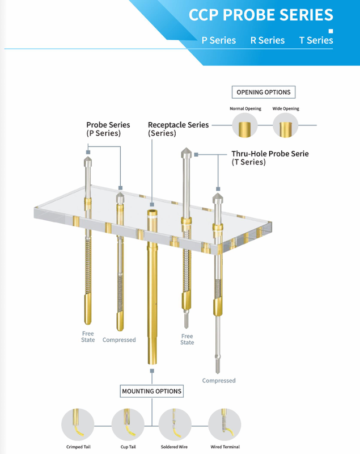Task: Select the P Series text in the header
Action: (218, 40)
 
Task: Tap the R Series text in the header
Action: (267, 40)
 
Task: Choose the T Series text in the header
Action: (316, 40)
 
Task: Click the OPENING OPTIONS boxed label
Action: (263, 92)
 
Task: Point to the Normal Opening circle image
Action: (244, 125)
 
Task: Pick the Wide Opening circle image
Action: (285, 125)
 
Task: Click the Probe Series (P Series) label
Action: (108, 129)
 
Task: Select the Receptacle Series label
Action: (178, 129)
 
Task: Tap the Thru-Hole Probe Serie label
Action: (270, 157)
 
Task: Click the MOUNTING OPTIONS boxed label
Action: (151, 391)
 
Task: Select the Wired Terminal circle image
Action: (225, 423)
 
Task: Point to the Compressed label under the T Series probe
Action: (218, 380)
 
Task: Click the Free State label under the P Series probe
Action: (88, 337)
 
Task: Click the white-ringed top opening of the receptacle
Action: (152, 214)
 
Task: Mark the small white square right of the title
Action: (331, 31)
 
